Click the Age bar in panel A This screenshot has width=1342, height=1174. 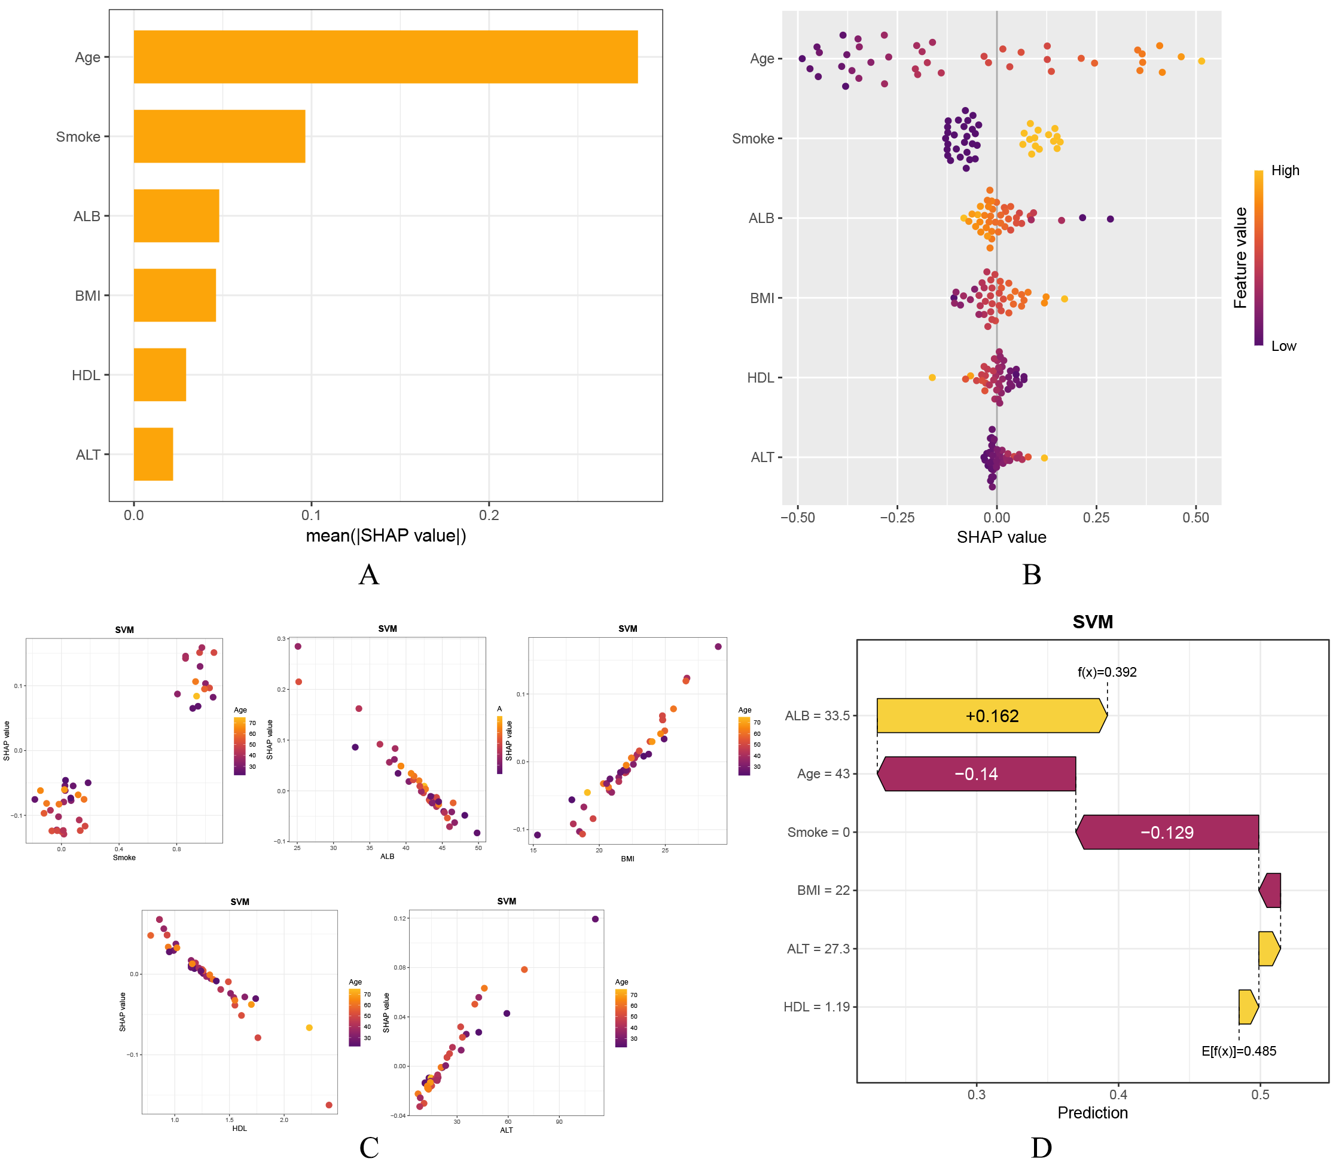click(385, 57)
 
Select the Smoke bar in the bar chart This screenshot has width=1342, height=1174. click(219, 136)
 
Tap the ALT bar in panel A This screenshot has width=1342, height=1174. click(153, 454)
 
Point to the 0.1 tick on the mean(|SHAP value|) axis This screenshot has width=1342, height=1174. click(311, 516)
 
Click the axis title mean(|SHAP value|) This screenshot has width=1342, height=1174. click(386, 536)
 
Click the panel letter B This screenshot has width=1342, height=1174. click(1032, 574)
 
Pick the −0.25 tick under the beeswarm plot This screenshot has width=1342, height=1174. click(897, 518)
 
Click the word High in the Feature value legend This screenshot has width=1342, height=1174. click(1285, 171)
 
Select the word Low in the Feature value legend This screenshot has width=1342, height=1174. click(1283, 347)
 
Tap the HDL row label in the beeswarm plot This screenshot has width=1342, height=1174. click(760, 378)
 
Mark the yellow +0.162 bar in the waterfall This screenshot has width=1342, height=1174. click(992, 716)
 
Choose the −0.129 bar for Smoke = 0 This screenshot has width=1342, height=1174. click(1167, 833)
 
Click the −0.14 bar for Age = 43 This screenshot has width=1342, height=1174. click(977, 774)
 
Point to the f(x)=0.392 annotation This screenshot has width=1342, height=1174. click(1107, 672)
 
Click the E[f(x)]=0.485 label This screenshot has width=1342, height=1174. click(1239, 1051)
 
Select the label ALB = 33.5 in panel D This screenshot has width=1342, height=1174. click(817, 716)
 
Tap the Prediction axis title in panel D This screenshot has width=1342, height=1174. click(1093, 1113)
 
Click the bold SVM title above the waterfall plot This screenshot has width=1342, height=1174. click(1093, 622)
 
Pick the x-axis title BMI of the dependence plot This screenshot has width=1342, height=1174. click(627, 859)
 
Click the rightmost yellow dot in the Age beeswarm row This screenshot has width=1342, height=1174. click(1201, 62)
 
